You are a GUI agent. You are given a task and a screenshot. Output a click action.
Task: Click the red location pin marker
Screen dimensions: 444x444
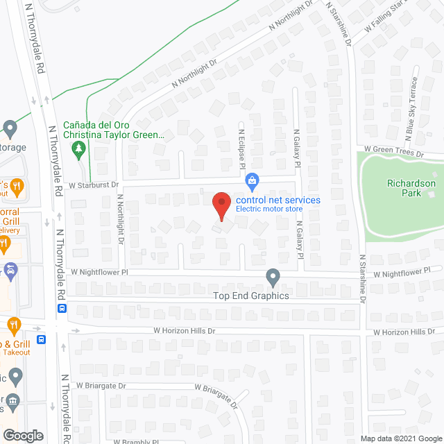[221, 205]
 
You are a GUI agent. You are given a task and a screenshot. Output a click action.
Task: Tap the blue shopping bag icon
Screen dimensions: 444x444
[253, 182]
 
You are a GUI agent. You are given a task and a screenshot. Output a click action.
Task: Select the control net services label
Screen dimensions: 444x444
[277, 200]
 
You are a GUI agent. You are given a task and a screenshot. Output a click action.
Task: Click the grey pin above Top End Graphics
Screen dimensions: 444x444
[273, 277]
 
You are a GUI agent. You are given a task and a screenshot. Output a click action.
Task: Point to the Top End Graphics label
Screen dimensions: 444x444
[250, 296]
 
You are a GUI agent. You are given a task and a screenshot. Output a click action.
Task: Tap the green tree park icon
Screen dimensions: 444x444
[80, 148]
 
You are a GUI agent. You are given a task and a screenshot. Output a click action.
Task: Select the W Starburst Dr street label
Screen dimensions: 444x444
[94, 185]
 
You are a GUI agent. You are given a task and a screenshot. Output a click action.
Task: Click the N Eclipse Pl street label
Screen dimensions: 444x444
[243, 150]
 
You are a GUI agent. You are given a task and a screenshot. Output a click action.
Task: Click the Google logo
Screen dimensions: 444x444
[22, 436]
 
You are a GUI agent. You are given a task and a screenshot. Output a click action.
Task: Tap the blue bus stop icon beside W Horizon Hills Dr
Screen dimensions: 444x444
[62, 309]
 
